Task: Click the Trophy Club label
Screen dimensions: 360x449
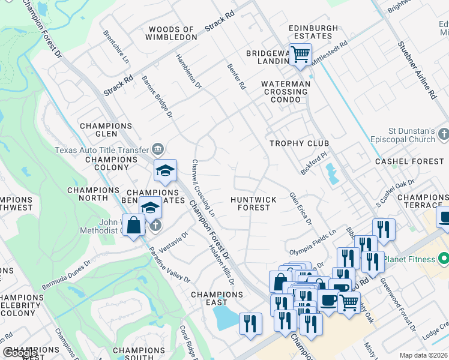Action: (299, 143)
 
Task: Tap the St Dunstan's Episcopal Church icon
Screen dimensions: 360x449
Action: (444, 133)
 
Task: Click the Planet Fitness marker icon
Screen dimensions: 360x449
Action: (444, 259)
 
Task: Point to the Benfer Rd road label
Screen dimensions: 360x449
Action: (236, 77)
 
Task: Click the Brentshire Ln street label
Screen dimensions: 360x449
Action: (116, 47)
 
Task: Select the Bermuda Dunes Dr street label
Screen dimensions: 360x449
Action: (65, 272)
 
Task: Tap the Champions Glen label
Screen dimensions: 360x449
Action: (106, 130)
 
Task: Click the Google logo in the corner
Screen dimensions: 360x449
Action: (20, 353)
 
